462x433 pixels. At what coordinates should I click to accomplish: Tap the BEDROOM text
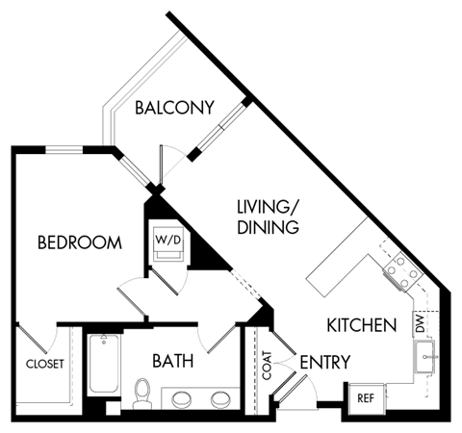79,242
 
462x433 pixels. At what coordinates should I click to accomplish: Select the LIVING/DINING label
269,217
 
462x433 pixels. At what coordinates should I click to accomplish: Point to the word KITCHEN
361,325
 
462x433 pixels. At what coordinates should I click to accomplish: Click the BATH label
173,362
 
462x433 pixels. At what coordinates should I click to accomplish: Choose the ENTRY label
324,363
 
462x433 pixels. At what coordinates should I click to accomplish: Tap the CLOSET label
44,364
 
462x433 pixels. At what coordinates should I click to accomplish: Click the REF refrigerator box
366,396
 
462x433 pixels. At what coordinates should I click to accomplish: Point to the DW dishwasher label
420,325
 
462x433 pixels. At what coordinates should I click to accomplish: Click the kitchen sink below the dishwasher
427,360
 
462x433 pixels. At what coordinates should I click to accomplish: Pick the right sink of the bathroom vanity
220,399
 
